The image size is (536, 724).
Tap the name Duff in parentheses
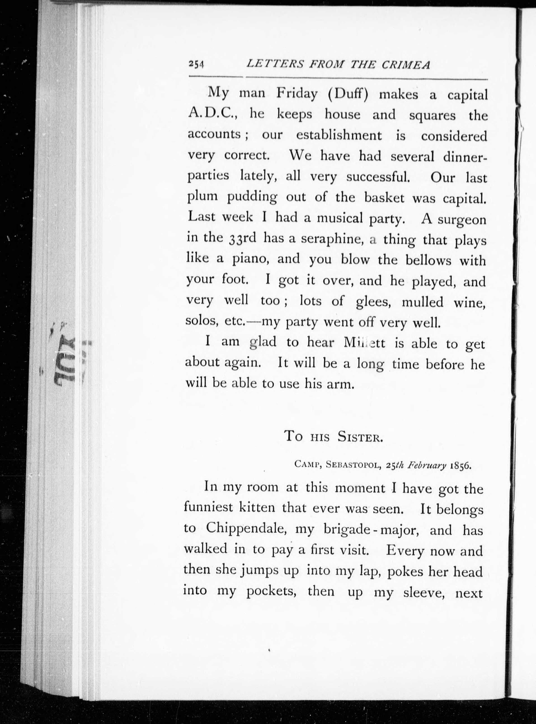348,95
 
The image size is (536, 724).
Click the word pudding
252,197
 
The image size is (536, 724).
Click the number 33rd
240,239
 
